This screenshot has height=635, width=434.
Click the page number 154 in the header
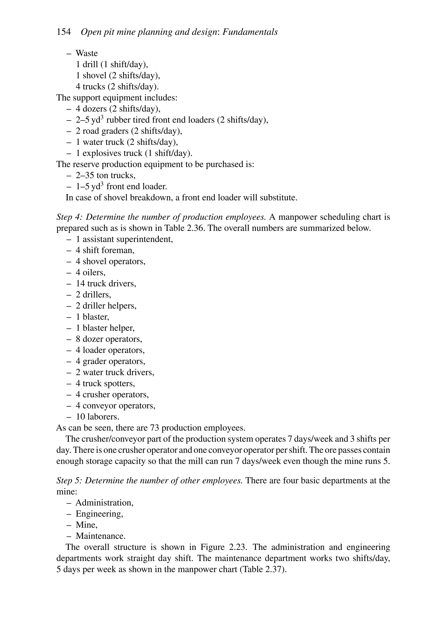[x=64, y=32]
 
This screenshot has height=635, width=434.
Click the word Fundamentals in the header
[x=250, y=32]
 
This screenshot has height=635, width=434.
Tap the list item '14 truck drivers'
[x=106, y=283]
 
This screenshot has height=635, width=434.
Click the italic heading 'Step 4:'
[x=70, y=217]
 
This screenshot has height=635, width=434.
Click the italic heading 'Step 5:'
[x=70, y=480]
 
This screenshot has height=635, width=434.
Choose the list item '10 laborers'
[x=97, y=417]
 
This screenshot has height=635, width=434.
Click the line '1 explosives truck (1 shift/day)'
[x=134, y=153]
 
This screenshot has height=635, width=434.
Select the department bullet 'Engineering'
[x=99, y=514]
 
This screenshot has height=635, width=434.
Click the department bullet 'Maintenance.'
[x=100, y=536]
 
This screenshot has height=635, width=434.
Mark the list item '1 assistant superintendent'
[x=124, y=239]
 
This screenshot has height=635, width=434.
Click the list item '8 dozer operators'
[x=109, y=339]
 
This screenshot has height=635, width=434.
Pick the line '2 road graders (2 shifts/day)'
[x=129, y=131]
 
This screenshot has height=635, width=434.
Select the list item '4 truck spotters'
[x=105, y=383]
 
